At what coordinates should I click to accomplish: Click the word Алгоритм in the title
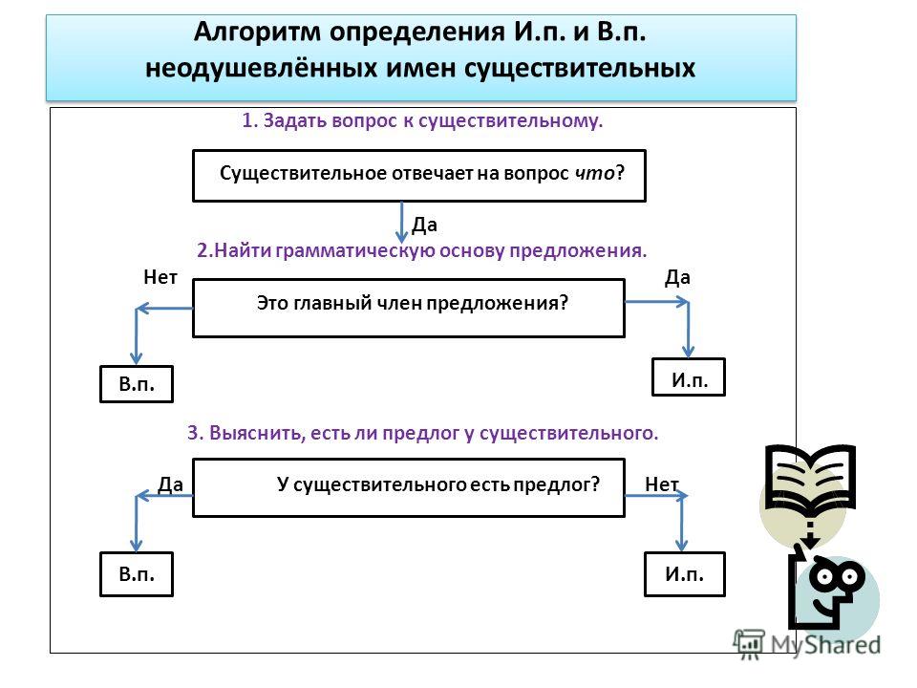257,32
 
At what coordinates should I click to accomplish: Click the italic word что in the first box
594,173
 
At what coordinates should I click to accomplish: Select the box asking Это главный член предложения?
409,308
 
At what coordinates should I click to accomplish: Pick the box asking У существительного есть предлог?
409,487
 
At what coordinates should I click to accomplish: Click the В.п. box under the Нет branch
137,384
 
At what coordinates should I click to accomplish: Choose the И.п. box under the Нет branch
684,573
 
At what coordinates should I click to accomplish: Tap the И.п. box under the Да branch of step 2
689,377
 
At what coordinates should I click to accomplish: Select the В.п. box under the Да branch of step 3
137,573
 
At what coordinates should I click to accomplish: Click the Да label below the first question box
424,225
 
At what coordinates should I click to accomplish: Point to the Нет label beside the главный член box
160,277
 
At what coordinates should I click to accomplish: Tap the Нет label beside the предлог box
661,484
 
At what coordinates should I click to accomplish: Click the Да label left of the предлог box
170,484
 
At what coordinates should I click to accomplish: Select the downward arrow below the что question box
402,223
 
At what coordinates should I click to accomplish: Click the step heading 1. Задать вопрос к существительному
422,120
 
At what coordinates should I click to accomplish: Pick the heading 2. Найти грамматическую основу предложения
421,250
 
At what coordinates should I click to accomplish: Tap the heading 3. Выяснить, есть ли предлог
422,433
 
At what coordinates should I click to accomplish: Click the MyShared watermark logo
807,645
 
